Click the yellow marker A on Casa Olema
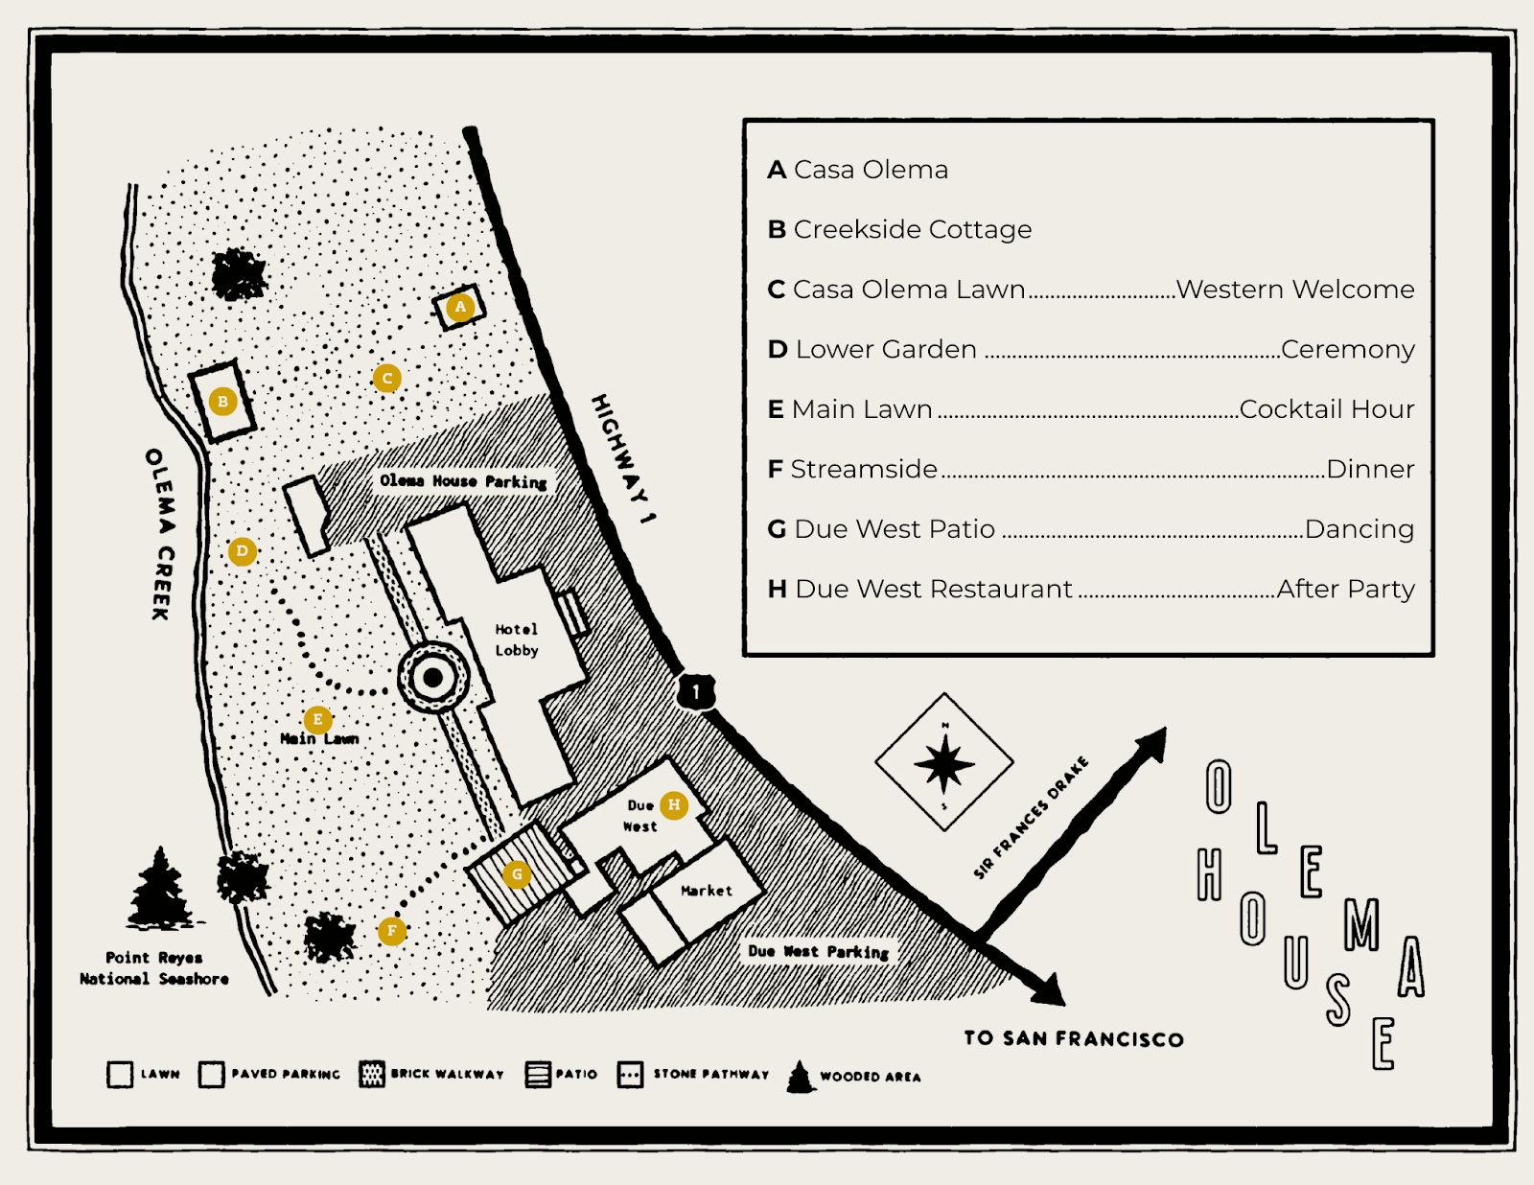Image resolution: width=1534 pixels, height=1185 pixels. pos(460,307)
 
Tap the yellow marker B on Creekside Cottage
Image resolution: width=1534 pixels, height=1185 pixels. pos(222,402)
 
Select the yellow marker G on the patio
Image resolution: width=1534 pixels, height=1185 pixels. pos(518,873)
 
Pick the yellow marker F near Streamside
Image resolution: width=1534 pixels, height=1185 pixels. pos(391,930)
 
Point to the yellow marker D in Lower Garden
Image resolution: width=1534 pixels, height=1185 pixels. pos(242,551)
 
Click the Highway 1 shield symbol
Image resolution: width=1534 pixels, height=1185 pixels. pos(696,691)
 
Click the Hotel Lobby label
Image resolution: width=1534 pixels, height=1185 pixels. pos(516,639)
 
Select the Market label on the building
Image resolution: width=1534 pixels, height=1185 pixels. pos(707,891)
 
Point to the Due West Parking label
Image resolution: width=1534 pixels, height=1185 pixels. pos(819,951)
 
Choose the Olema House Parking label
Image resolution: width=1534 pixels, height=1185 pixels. pos(463,480)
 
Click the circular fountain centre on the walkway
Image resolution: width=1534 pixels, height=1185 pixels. pos(432,678)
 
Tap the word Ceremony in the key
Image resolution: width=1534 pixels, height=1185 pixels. pos(1347,349)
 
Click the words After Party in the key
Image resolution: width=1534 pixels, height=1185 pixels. pos(1345,589)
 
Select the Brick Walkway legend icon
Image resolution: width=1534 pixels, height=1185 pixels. pos(371,1075)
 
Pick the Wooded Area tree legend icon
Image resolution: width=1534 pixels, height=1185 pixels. pos(800,1077)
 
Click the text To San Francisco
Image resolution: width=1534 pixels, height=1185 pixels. pos(1073,1038)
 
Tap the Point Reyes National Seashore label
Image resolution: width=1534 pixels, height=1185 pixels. pos(153,967)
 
